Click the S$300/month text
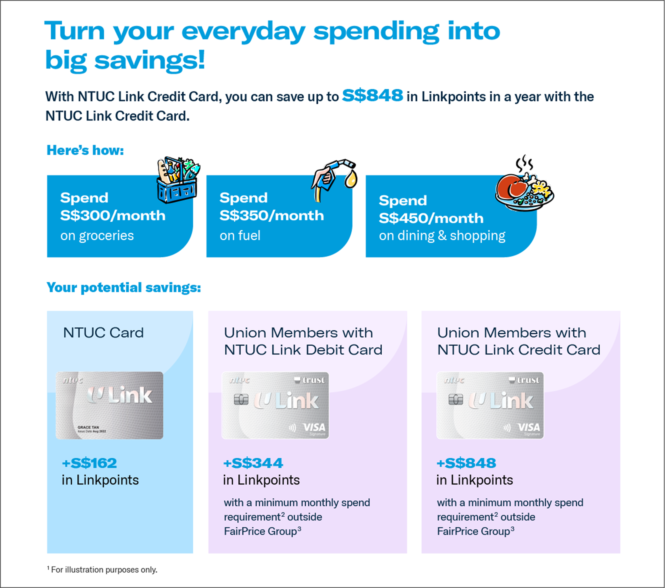tap(113, 215)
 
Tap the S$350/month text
tap(272, 215)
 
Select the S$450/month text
tap(431, 218)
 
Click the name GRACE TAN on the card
tap(88, 427)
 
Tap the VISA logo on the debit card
tap(314, 427)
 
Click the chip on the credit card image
tap(455, 399)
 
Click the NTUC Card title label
tap(103, 333)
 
